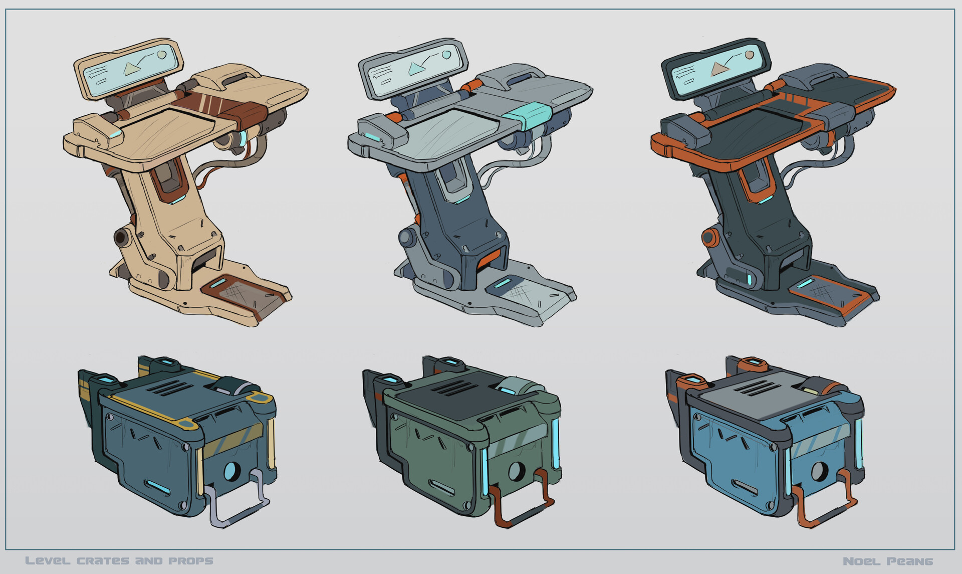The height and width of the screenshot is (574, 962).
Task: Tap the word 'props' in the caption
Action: point(191,561)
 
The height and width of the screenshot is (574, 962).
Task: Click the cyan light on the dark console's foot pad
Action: point(807,284)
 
